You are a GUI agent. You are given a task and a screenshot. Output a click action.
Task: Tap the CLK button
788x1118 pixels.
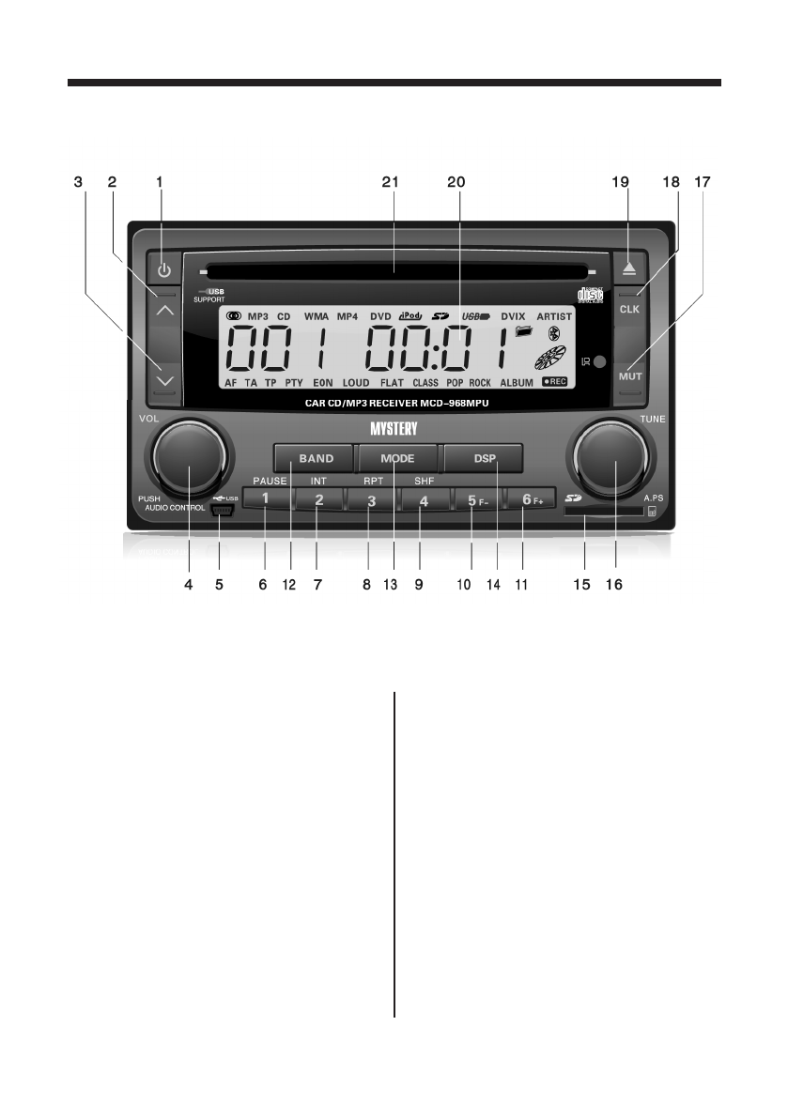tap(628, 307)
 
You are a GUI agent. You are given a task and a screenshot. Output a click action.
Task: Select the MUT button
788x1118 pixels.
tap(628, 375)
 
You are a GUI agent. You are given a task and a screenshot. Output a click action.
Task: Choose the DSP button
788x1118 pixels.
tap(484, 458)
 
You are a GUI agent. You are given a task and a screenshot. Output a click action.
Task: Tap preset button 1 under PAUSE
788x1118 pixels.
tap(266, 499)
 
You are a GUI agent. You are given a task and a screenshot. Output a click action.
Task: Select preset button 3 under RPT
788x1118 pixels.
tap(371, 500)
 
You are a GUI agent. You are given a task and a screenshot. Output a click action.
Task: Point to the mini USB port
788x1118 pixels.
tap(222, 511)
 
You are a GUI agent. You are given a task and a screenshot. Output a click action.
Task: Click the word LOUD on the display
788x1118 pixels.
tap(356, 384)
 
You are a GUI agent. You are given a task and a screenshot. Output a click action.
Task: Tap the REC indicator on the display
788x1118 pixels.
tap(554, 383)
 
